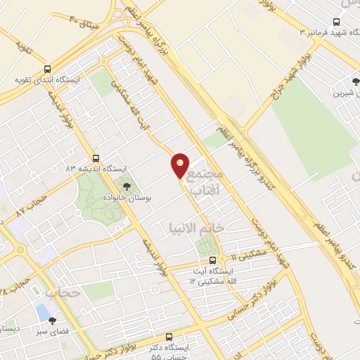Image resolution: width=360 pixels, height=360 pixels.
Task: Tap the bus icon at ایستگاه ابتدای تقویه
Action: (47, 69)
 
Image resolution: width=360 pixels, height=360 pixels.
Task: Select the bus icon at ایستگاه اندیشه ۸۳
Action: (96, 158)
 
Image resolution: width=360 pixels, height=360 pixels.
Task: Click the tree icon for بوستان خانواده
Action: (127, 186)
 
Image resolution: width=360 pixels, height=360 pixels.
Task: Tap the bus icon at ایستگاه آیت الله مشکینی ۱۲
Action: (213, 259)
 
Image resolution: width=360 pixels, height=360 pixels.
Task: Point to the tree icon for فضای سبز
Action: (52, 321)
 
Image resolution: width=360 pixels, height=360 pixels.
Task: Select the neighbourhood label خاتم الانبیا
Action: (197, 229)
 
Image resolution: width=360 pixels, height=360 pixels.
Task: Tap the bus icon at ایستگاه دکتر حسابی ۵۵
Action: (169, 337)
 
